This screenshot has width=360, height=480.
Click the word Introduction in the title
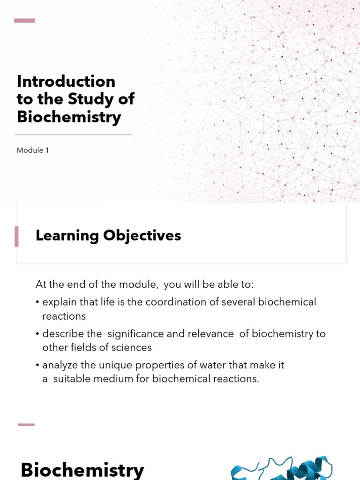pos(66,82)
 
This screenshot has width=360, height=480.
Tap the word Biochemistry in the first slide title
pos(69,117)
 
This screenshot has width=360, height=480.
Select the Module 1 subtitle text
pos(33,150)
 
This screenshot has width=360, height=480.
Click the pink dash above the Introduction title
pos(25,21)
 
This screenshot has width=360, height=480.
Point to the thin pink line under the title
pos(73,135)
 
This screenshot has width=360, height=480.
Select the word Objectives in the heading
pos(142,236)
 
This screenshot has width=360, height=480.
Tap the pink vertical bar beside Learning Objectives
pos(17,236)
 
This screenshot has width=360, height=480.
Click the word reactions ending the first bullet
pos(64,316)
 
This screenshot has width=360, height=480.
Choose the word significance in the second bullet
pos(143,334)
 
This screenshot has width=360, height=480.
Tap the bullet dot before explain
pos(37,303)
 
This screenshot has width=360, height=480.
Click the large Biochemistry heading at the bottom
pos(82,470)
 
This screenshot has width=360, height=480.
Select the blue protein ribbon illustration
pos(281,469)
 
